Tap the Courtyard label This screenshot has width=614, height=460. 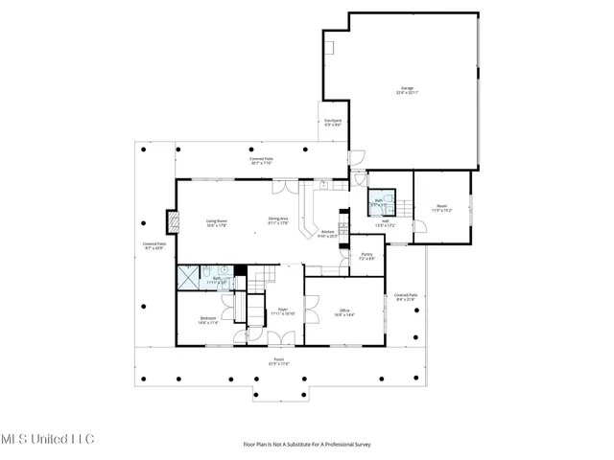click(333, 122)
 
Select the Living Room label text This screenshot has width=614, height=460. click(216, 222)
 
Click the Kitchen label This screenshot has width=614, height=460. click(328, 233)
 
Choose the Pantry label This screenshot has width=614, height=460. click(366, 256)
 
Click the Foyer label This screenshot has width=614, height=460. click(282, 312)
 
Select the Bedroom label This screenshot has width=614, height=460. click(208, 320)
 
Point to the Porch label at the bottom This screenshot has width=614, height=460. click(277, 362)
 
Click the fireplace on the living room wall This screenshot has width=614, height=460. click(173, 222)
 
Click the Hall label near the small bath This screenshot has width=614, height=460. click(384, 222)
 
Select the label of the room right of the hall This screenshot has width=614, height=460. click(441, 208)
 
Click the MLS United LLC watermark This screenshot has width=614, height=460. click(48, 439)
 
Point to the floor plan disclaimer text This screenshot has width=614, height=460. click(306, 444)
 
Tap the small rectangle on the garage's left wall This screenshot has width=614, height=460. click(329, 45)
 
